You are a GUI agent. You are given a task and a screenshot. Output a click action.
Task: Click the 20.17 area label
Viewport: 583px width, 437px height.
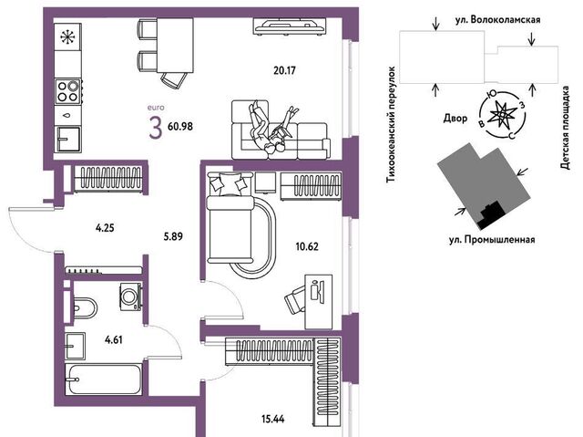(284, 70)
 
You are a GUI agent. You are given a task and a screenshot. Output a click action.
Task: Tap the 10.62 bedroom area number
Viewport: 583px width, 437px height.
(307, 246)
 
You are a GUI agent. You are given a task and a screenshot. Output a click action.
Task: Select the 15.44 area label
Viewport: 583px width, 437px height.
(273, 419)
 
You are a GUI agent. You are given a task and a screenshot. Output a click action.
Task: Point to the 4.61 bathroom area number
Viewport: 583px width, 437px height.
(114, 340)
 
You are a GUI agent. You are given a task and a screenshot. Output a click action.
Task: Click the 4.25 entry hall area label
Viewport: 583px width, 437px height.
(105, 228)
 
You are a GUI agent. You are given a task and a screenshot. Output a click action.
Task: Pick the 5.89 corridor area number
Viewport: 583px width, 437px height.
(173, 236)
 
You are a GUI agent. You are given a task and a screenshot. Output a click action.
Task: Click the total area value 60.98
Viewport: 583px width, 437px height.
(180, 126)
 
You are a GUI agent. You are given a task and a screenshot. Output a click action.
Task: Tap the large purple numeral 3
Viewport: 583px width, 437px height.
(156, 128)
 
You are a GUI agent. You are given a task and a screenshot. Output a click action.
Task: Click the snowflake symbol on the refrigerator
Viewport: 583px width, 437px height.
(67, 36)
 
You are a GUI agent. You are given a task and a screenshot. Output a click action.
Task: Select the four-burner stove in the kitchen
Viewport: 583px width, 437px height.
(68, 91)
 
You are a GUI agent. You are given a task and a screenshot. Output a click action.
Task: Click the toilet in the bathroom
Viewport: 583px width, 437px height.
(85, 308)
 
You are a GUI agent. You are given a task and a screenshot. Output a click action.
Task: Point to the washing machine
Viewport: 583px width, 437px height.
(130, 297)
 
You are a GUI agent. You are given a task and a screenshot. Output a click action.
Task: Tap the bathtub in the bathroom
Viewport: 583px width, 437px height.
(103, 380)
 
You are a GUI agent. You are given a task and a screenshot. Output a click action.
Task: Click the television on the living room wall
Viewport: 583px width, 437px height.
(290, 26)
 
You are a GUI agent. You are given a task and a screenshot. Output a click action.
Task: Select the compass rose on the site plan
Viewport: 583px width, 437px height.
(502, 115)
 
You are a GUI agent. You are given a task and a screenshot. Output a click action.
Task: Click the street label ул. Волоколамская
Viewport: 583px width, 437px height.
(498, 20)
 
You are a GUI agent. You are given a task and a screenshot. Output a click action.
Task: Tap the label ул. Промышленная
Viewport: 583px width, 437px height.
(492, 240)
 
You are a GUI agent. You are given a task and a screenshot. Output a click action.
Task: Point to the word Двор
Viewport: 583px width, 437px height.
(455, 119)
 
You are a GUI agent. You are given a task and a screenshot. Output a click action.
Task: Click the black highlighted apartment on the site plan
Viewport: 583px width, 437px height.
(491, 215)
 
